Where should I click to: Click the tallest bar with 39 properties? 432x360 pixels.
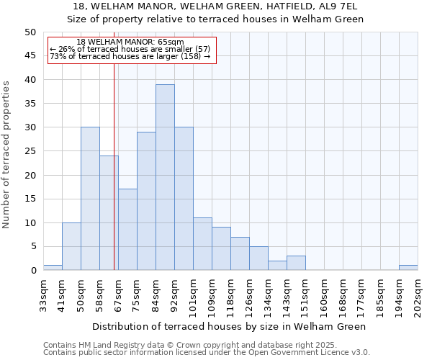coord(165,177)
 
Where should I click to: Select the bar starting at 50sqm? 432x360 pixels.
coord(90,199)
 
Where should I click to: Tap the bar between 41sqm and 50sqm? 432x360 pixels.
coord(71,246)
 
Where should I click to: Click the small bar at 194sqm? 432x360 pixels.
coord(408,268)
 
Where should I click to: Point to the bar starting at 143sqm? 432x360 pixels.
coord(296,263)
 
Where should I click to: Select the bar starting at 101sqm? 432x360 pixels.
coord(202,244)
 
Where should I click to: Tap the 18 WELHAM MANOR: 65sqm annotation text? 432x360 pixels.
coord(130,42)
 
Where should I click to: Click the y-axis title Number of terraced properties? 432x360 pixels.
coord(6,154)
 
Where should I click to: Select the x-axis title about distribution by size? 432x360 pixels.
coord(230,326)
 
